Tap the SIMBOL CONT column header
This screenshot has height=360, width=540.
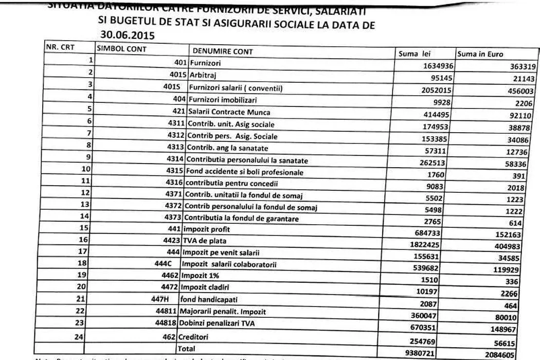[122, 49]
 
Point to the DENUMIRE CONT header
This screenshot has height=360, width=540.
[223, 51]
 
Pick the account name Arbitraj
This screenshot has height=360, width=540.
[201, 75]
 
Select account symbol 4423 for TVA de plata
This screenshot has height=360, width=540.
[170, 240]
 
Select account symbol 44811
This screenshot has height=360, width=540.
[167, 312]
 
